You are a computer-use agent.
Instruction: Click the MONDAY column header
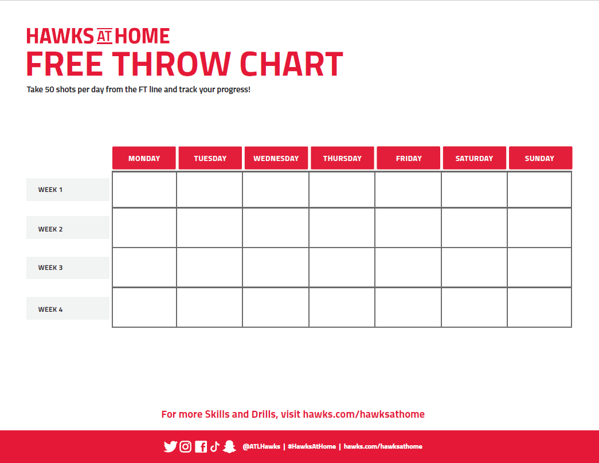144,158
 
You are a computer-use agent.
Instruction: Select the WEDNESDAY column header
276,158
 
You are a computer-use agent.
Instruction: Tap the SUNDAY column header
541,158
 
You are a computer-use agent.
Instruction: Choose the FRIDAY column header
408,158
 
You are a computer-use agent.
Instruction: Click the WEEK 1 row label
68,190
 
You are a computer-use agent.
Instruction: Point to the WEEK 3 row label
68,268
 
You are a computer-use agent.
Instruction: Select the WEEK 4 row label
68,308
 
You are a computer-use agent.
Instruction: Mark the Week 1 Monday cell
144,190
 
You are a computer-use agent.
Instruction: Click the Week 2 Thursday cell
342,227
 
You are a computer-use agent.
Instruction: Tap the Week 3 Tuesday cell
209,268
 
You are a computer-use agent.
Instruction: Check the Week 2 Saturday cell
474,227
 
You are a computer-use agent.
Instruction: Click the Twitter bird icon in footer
170,446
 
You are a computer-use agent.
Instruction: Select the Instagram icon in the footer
185,446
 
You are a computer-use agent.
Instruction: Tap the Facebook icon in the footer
201,446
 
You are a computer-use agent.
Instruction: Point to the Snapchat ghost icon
229,446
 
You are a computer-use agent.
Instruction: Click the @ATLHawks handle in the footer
261,446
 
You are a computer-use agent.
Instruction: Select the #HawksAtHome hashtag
312,446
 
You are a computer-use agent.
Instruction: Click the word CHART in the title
292,64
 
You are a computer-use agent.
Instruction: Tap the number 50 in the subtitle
50,89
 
